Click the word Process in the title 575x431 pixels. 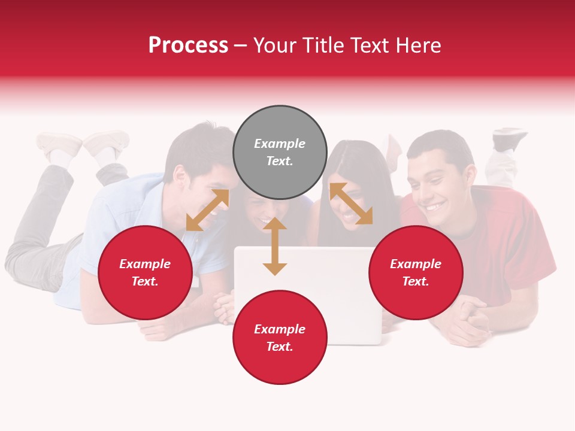tap(188, 45)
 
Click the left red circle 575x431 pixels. tap(145, 272)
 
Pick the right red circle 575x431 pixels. tap(416, 272)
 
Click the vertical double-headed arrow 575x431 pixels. tap(275, 246)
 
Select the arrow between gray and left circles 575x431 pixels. tap(207, 210)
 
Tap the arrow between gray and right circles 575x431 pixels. tap(351, 204)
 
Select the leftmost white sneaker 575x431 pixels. tap(58, 144)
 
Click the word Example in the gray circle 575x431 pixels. tap(280, 144)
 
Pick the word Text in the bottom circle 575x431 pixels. tap(280, 347)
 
